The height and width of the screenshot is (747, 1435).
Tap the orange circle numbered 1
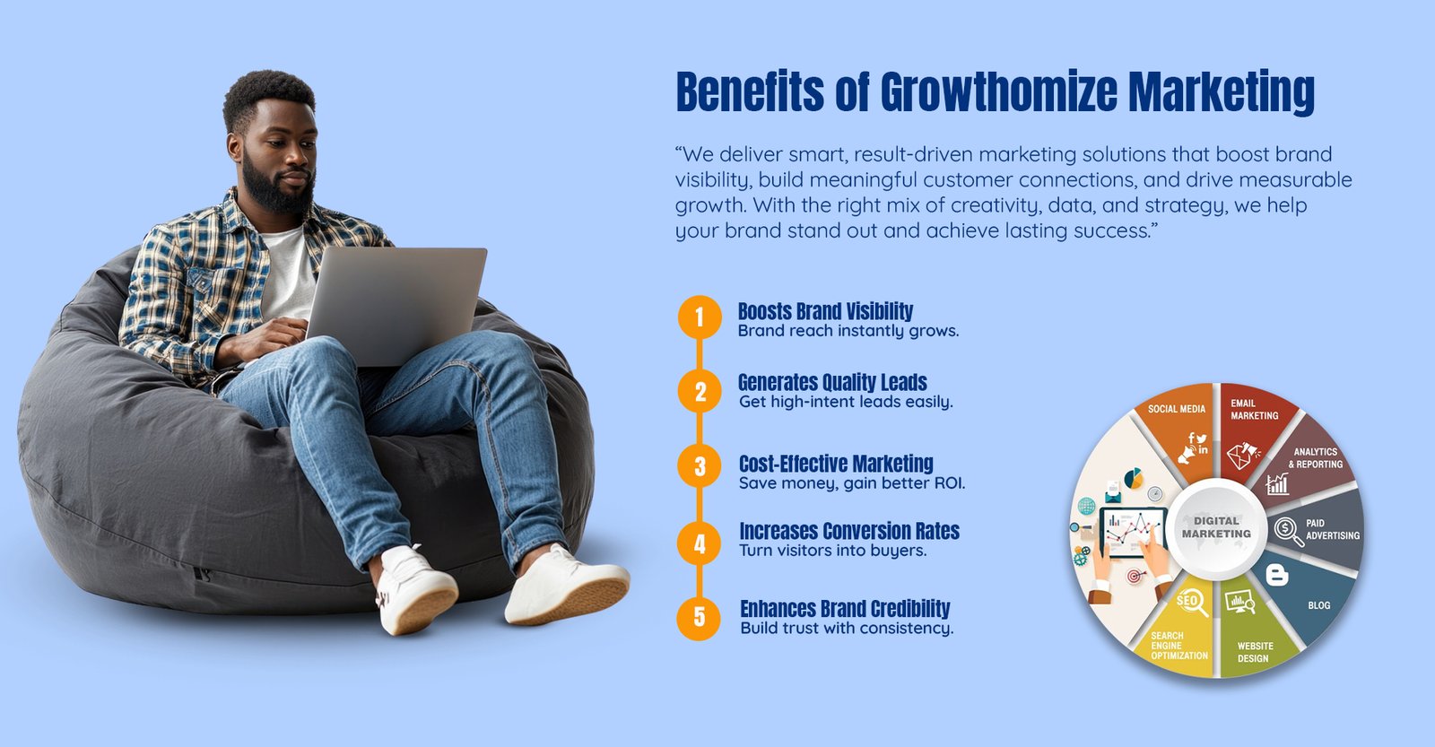tap(700, 317)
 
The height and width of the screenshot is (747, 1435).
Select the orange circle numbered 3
tap(700, 465)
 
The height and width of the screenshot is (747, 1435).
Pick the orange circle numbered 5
tap(699, 618)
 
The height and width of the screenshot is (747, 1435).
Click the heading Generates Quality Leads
tap(832, 383)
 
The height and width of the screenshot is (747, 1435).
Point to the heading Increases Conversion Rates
tap(849, 531)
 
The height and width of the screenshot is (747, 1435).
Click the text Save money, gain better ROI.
tap(852, 483)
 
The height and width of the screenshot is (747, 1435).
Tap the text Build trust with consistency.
tap(847, 628)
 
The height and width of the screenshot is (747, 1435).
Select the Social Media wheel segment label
tap(1176, 409)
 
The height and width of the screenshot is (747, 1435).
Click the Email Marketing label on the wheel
tap(1255, 410)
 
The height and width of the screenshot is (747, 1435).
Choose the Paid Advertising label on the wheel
tap(1333, 529)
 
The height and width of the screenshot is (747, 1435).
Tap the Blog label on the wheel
tap(1319, 604)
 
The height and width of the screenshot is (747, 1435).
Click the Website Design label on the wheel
tap(1255, 652)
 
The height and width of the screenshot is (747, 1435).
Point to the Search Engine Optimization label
tap(1179, 646)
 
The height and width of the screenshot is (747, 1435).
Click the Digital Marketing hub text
tap(1216, 526)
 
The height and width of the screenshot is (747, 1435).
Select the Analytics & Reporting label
tap(1315, 458)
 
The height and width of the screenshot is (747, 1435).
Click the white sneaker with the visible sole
tap(567, 586)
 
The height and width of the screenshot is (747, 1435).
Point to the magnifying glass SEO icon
tap(1193, 603)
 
